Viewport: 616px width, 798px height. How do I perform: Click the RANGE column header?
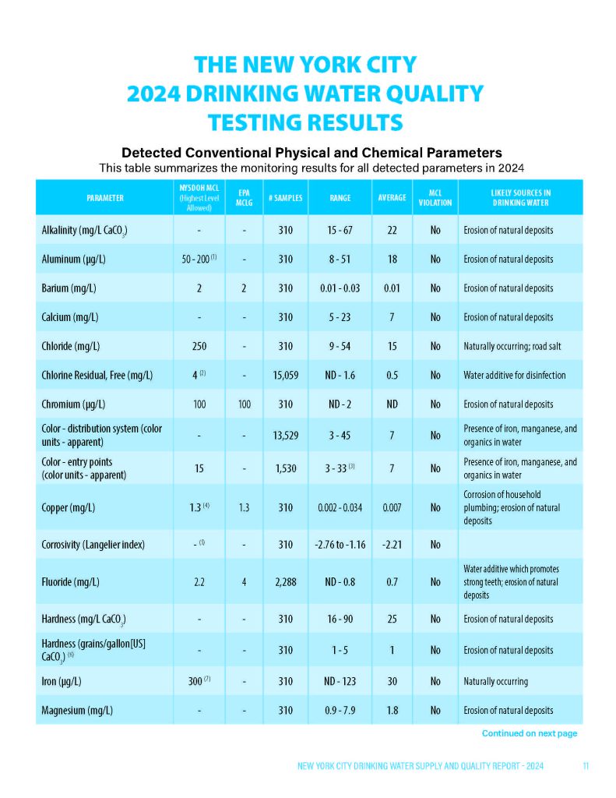point(340,198)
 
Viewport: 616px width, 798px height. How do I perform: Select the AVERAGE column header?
point(392,198)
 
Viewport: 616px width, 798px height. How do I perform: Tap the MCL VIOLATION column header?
point(435,198)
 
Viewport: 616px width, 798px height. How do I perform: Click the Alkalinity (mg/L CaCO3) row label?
point(84,231)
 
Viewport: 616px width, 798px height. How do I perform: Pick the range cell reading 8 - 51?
point(340,260)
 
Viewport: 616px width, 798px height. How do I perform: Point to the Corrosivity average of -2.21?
point(392,543)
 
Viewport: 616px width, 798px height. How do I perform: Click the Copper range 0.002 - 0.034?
point(340,507)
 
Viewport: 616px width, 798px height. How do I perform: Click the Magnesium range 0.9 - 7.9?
point(340,710)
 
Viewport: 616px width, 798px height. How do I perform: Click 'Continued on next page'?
point(529,733)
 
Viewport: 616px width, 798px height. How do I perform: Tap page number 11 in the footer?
point(585,767)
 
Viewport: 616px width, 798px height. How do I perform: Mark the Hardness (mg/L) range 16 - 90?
point(340,619)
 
